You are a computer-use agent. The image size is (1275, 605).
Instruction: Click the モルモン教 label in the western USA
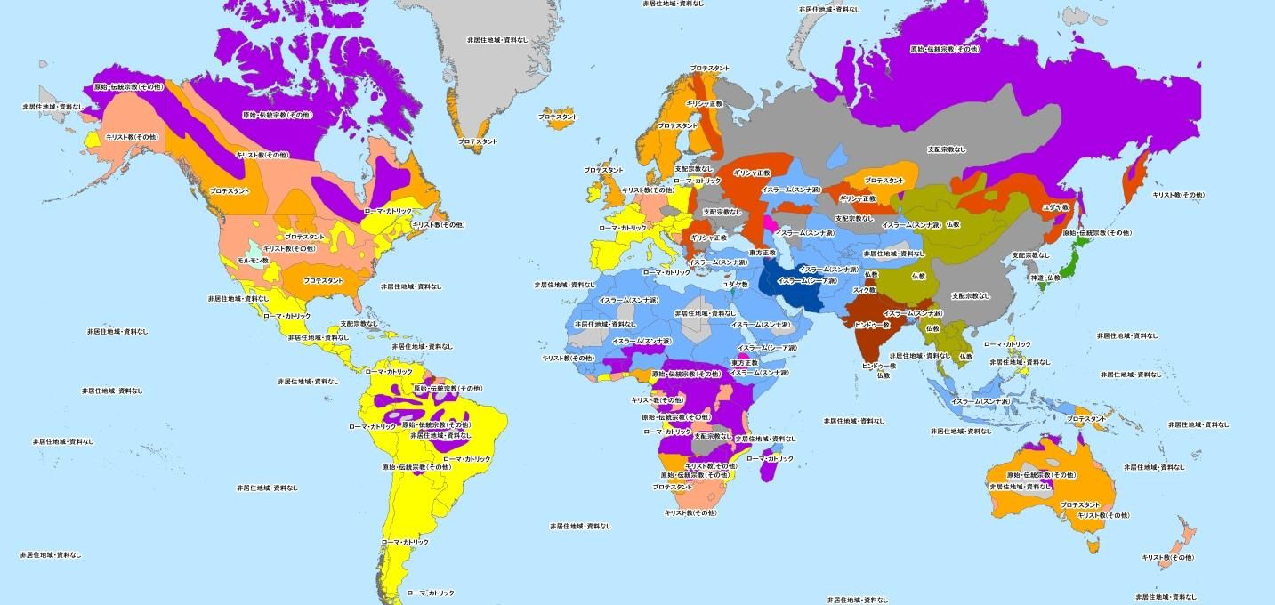(x=253, y=260)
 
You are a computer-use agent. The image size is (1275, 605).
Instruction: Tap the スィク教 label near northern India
(x=864, y=290)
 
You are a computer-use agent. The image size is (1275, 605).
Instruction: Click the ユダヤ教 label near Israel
(x=735, y=285)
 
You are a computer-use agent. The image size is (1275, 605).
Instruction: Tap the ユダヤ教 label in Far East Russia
(x=1055, y=206)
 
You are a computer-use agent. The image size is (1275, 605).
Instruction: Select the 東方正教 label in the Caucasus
(x=763, y=252)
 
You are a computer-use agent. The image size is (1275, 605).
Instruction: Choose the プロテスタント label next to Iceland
(x=558, y=117)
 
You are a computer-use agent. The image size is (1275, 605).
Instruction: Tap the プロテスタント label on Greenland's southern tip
(x=478, y=141)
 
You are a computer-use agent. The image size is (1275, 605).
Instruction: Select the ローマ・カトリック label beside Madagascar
(x=769, y=458)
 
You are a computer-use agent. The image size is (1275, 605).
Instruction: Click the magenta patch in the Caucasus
(x=767, y=220)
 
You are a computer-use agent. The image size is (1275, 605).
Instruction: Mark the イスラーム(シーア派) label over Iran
(x=807, y=280)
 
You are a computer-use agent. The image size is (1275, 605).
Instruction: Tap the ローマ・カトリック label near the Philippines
(x=1007, y=343)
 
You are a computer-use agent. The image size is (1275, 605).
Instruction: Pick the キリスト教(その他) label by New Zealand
(x=1167, y=557)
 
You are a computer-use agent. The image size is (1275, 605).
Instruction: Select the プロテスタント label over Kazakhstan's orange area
(x=884, y=181)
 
